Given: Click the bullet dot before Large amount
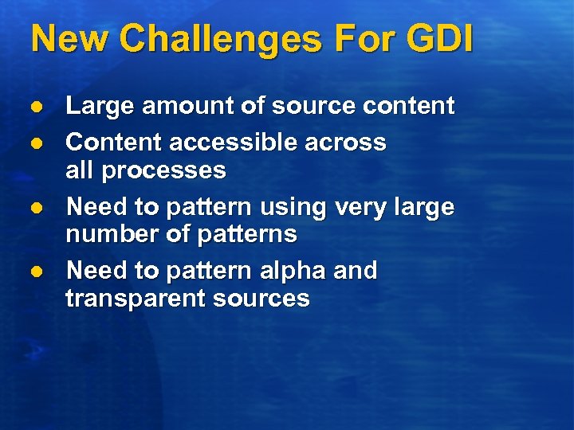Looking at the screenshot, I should pyautogui.click(x=35, y=106).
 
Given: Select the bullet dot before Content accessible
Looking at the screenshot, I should pyautogui.click(x=35, y=143).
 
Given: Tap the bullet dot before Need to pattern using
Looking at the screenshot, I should pyautogui.click(x=35, y=207).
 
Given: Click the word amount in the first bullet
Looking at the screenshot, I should pyautogui.click(x=171, y=106).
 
